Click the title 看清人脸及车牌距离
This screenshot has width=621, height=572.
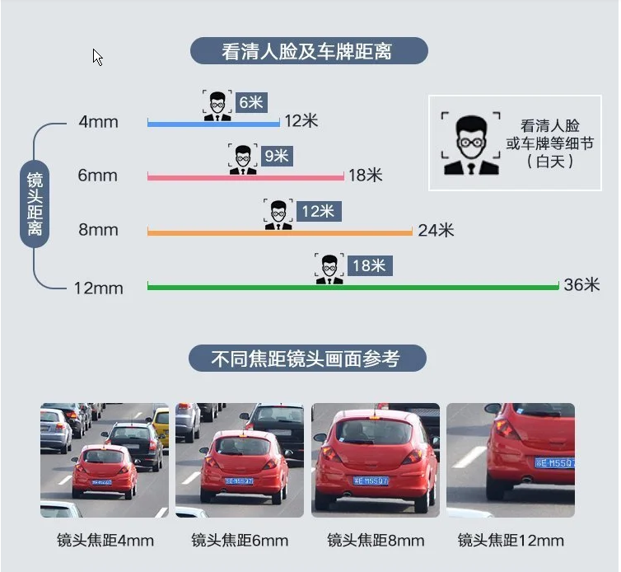point(309,51)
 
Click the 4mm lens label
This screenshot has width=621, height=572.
point(99,122)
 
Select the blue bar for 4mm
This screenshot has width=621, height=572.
point(213,124)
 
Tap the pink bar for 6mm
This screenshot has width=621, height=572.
point(245,176)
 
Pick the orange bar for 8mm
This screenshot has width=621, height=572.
point(279,232)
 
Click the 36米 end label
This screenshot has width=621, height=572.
point(581,285)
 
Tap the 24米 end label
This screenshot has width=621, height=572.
point(436,231)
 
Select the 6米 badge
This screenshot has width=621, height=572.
point(250,102)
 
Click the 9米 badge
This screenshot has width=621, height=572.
point(275,155)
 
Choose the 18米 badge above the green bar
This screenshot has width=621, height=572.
point(368,265)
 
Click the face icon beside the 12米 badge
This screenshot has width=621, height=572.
point(278,213)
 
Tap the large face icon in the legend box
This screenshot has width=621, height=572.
point(470,143)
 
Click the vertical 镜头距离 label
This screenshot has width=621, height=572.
point(35,204)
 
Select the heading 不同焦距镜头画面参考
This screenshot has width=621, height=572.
point(306,359)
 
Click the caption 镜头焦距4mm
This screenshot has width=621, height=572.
point(105,541)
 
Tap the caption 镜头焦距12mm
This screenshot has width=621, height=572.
point(511,541)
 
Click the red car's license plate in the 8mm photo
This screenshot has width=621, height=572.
point(372,481)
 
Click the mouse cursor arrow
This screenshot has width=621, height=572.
point(97,57)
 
